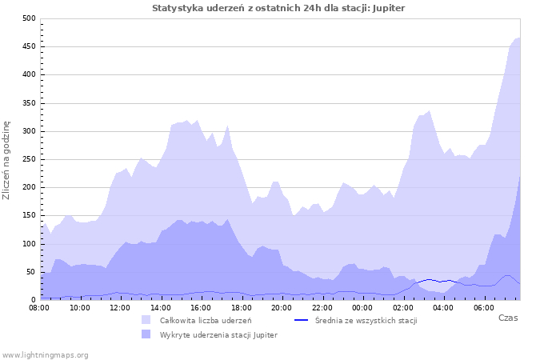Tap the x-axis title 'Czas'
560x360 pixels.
pos(507,318)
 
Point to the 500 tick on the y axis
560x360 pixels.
pos(29,18)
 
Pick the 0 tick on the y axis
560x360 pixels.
pos(34,300)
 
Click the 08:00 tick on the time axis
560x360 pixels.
pos(38,308)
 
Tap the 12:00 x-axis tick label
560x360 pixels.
pos(120,308)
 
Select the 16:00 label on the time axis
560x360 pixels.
pos(201,308)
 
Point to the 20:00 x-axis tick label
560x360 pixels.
pos(282,308)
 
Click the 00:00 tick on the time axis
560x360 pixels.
pos(362,308)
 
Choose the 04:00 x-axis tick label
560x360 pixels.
pos(443,308)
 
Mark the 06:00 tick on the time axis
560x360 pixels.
pos(484,308)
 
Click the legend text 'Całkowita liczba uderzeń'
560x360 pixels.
pos(205,320)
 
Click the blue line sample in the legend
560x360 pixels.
pos(301,320)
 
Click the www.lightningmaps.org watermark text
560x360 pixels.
pos(45,354)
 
